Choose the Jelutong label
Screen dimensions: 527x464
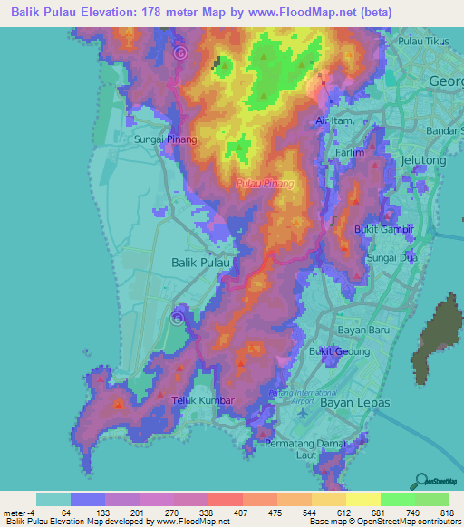tap(424, 160)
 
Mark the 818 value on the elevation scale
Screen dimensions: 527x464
tap(447, 513)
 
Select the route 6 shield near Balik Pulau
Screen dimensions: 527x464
tap(178, 318)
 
